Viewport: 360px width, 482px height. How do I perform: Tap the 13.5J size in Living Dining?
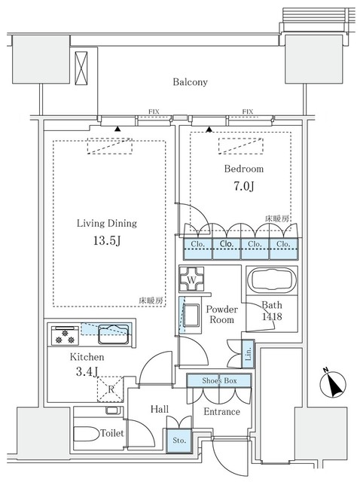click(106, 243)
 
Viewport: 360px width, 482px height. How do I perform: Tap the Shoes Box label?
click(219, 382)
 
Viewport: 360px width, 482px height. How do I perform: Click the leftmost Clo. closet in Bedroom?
click(197, 245)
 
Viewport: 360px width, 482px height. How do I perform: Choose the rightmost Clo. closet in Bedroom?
click(283, 245)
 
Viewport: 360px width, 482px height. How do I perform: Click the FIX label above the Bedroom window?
click(246, 112)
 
